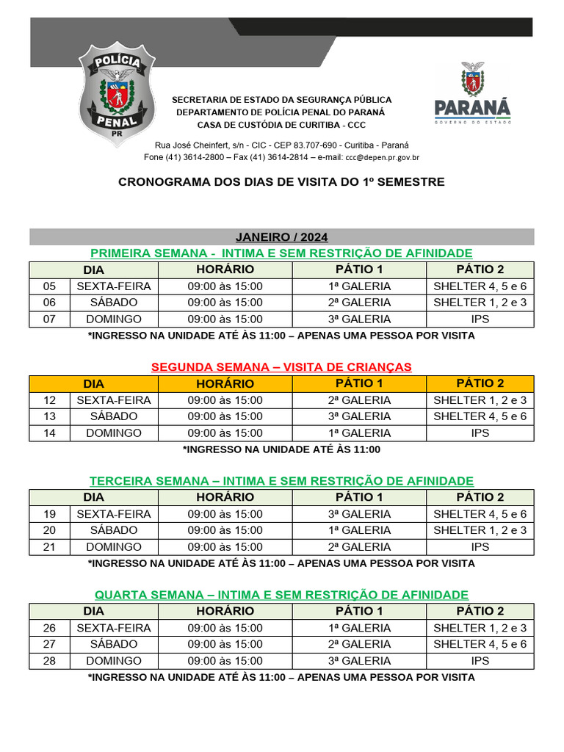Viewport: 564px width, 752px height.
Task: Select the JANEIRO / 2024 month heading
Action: (x=281, y=236)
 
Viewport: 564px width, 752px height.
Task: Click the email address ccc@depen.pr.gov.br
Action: (x=383, y=157)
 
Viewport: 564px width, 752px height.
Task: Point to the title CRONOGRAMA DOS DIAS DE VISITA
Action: (x=281, y=181)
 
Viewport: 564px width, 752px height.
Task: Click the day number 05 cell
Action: (x=49, y=286)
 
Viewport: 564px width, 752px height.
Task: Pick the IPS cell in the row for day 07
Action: (x=480, y=319)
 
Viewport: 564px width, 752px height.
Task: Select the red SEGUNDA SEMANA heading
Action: (x=281, y=366)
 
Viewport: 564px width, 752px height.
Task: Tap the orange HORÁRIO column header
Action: (x=225, y=383)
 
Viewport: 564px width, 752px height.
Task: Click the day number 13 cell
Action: (x=49, y=416)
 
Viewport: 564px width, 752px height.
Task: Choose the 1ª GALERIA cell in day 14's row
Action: (x=359, y=433)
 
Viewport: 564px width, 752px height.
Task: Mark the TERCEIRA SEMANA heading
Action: (x=281, y=480)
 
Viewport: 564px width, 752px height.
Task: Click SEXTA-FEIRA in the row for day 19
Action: (x=113, y=514)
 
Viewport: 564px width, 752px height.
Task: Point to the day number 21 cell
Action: (x=49, y=547)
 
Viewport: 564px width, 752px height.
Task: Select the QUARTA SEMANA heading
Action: (x=281, y=594)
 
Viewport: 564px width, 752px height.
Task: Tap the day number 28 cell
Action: (x=49, y=661)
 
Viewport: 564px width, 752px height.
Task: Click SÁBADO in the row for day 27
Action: (x=113, y=644)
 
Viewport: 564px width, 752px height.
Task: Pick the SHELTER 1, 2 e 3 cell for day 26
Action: (x=480, y=628)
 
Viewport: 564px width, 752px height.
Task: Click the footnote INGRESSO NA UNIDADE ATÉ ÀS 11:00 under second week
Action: (x=281, y=449)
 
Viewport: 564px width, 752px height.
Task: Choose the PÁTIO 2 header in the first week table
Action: (x=480, y=270)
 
